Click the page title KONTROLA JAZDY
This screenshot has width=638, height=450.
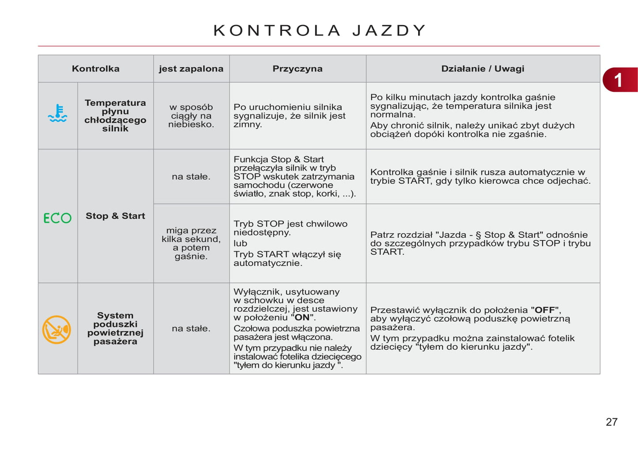coord(319,30)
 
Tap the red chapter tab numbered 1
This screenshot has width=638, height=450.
coord(620,80)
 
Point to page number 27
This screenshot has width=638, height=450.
coord(612,422)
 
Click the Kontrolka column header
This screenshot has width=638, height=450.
coord(95,69)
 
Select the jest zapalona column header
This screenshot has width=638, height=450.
coord(191,69)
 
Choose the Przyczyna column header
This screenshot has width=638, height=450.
coord(297,69)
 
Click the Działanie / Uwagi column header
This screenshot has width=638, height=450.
coord(483,69)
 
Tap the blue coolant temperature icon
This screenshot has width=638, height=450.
coord(57,113)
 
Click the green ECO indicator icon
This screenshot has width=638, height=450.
coord(57,218)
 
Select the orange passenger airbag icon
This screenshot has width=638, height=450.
coord(57,329)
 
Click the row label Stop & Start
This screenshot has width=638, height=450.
coord(115,216)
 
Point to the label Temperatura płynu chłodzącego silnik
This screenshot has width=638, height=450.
coord(115,116)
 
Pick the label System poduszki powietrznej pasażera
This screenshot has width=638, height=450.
coord(115,329)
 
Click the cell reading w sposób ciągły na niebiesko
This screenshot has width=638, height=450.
coord(191,116)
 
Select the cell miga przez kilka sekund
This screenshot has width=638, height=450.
coord(191,243)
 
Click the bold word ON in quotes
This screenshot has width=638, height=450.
coord(302,318)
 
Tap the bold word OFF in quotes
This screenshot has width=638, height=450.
coord(545,310)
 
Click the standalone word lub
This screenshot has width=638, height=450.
coord(240,243)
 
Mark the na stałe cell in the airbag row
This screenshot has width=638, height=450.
coord(191,329)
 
